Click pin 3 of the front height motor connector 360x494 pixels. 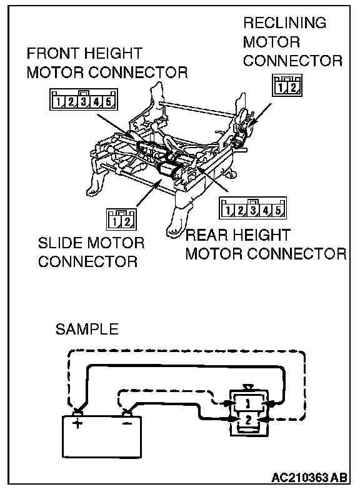pos(84,102)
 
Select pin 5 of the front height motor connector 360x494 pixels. pos(109,102)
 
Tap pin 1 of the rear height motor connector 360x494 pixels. pos(227,210)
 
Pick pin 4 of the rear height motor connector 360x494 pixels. pos(266,210)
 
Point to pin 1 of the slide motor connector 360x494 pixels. pos(114,222)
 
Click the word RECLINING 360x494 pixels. pos(285,23)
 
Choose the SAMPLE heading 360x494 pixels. pos(87,329)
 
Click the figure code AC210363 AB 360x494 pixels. pos(309,478)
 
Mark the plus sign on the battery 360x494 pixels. pos(77,423)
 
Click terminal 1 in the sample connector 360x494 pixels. pos(248,403)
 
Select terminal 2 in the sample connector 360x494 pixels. pos(248,420)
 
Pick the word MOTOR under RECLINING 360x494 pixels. pos(271,43)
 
